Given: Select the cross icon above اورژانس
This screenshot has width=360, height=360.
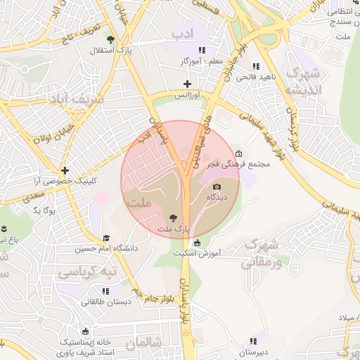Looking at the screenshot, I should pyautogui.click(x=187, y=84).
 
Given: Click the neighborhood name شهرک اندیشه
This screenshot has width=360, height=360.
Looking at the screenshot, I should pyautogui.click(x=304, y=82).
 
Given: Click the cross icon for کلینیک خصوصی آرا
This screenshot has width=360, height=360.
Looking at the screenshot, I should pyautogui.click(x=65, y=170).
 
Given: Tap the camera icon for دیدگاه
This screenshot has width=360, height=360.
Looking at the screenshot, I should pyautogui.click(x=217, y=186).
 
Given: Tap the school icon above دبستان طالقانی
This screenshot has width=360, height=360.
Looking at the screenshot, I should pyautogui.click(x=105, y=291).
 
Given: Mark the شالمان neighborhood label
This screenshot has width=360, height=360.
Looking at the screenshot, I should pyautogui.click(x=144, y=342).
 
